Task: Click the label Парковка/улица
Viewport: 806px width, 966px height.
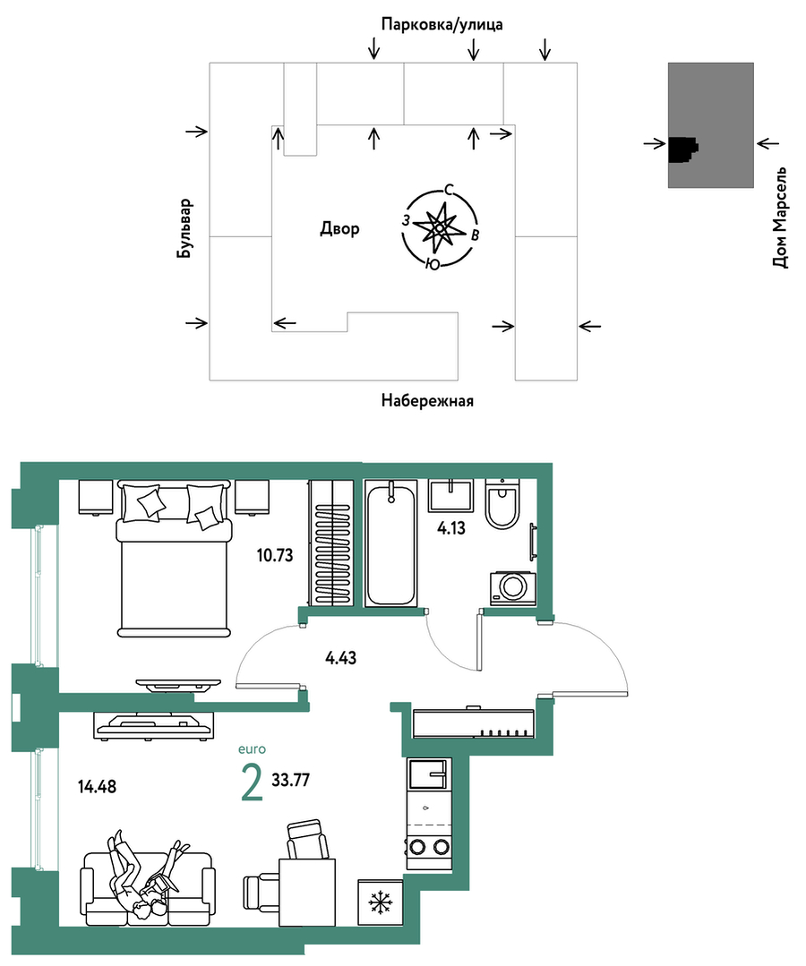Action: [442, 25]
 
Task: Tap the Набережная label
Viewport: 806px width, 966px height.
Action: [427, 401]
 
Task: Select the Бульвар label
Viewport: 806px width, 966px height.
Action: [184, 228]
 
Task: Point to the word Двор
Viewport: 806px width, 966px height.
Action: [339, 229]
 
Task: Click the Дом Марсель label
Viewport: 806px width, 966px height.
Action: [779, 217]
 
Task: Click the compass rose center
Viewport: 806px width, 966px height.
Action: [440, 228]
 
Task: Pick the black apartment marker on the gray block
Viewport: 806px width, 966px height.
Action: [682, 150]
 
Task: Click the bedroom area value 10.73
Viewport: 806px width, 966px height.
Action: [275, 556]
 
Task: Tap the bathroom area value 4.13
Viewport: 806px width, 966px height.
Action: [451, 528]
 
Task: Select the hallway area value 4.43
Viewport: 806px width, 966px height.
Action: [341, 658]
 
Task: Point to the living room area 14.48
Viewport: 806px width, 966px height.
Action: [98, 787]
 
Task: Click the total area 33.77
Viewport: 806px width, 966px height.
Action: [291, 780]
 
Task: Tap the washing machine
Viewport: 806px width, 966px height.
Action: [512, 588]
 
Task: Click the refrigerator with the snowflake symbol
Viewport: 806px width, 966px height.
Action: [381, 902]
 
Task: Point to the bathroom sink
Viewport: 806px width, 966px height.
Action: [451, 495]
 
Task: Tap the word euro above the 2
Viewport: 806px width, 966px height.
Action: [252, 749]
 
